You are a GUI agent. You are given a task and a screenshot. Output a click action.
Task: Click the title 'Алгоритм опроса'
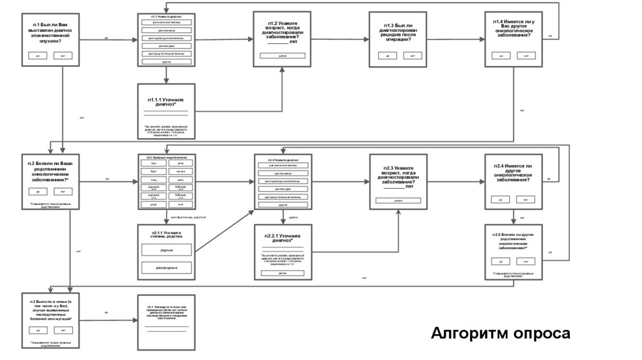coord(500,333)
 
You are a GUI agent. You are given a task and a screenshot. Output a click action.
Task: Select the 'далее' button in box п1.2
coord(282,56)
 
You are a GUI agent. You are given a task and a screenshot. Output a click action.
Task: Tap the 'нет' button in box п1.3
coord(413,56)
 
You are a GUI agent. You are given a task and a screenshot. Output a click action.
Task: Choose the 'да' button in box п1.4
coord(502,55)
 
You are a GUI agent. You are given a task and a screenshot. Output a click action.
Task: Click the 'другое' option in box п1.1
coord(166,63)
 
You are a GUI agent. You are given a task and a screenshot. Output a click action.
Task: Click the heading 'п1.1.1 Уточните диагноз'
coord(166,102)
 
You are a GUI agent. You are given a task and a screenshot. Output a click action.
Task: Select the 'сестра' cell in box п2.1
coord(181,171)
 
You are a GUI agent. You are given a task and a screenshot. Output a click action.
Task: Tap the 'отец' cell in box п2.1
coord(154,179)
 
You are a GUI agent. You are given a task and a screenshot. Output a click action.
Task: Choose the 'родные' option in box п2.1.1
coord(166,250)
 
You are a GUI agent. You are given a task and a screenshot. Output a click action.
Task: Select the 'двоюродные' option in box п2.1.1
coord(166,268)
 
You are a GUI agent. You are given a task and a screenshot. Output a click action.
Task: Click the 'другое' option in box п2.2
coord(282,206)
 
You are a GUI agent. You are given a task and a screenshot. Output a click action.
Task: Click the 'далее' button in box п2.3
coord(398,200)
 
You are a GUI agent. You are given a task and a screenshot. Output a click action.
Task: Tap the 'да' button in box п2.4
coord(502,200)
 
